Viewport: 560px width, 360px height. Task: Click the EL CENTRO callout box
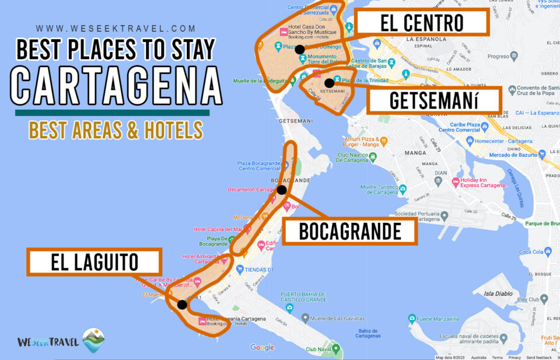pyautogui.click(x=422, y=23)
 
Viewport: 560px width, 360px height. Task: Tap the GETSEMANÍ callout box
pyautogui.click(x=433, y=100)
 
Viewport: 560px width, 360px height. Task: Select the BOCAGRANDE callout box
pyautogui.click(x=350, y=232)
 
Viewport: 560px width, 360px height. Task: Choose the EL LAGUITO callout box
pyautogui.click(x=94, y=262)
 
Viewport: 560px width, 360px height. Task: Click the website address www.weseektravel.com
pyautogui.click(x=116, y=28)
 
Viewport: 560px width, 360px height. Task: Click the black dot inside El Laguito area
pyautogui.click(x=182, y=304)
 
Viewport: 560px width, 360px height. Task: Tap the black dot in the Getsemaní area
pyautogui.click(x=329, y=83)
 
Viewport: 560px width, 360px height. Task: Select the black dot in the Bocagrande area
pyautogui.click(x=281, y=190)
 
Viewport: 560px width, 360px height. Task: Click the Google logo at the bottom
pyautogui.click(x=262, y=348)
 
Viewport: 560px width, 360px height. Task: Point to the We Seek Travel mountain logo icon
pyautogui.click(x=94, y=340)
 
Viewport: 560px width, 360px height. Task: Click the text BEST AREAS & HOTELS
pyautogui.click(x=116, y=130)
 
